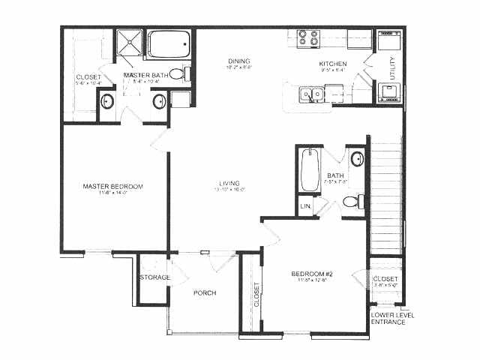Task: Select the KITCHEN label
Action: [x=333, y=64]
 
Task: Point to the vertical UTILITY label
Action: [x=392, y=69]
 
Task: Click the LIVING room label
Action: [x=229, y=183]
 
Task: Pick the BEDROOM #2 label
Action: [x=311, y=274]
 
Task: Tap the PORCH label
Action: [x=205, y=292]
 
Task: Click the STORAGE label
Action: [x=154, y=277]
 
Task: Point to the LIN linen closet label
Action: [x=305, y=206]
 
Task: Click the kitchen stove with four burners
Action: [x=307, y=37]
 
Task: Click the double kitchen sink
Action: [x=310, y=94]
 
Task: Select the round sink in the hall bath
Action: [x=358, y=159]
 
